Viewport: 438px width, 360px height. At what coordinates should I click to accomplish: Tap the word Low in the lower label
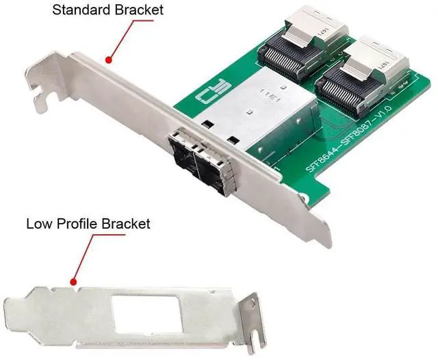pyautogui.click(x=38, y=223)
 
